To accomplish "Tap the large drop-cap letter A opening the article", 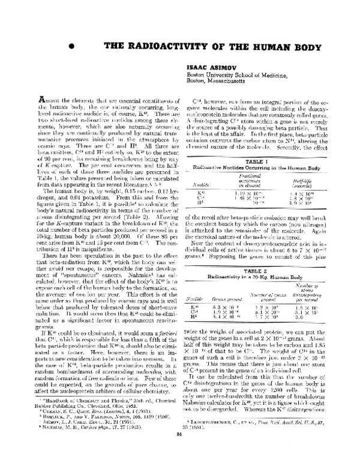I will point(33,115).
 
